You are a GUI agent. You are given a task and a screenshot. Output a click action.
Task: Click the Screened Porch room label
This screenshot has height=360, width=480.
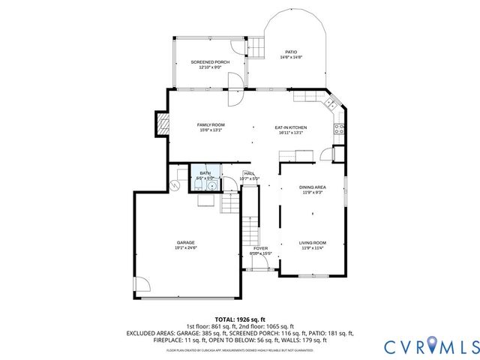tap(209, 61)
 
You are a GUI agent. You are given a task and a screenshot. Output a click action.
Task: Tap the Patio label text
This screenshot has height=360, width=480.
tap(290, 52)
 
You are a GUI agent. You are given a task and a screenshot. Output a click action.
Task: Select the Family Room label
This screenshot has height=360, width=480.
tap(211, 124)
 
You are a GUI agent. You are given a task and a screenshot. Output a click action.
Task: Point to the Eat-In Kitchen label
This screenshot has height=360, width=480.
tap(290, 127)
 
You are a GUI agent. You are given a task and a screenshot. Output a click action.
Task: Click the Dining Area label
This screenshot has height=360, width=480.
tap(313, 187)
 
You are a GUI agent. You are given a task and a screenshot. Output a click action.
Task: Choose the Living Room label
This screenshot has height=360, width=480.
tap(313, 242)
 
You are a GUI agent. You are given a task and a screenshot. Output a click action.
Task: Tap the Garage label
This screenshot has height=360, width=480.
tap(185, 242)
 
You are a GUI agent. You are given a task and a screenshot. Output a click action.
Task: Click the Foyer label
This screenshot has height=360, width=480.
tap(260, 248)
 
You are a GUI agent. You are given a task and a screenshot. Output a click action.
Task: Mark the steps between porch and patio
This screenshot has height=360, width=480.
tap(256, 47)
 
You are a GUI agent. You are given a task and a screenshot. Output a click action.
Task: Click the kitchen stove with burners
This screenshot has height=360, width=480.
tap(339, 128)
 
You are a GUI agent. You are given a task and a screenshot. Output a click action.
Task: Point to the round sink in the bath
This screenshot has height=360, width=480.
tap(212, 185)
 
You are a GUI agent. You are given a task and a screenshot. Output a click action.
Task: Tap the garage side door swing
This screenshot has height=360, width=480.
tap(142, 284)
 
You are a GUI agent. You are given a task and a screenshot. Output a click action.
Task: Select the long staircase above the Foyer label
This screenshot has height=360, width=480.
tap(249, 229)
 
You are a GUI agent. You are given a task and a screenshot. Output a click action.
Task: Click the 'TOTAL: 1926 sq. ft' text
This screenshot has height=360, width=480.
tap(240, 319)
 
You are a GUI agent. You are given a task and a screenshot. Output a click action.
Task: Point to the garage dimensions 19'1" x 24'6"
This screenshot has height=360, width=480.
tap(185, 247)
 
